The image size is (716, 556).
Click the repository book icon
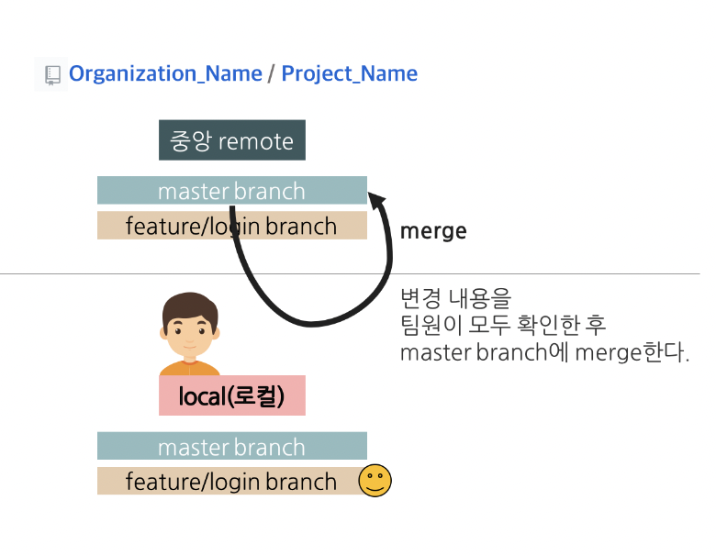pyautogui.click(x=52, y=74)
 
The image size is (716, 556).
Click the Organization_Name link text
pyautogui.click(x=165, y=74)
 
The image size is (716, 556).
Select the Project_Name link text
pyautogui.click(x=349, y=74)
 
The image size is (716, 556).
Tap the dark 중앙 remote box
pyautogui.click(x=231, y=140)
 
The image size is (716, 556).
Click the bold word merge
pyautogui.click(x=433, y=231)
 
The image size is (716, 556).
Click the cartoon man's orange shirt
pyautogui.click(x=190, y=369)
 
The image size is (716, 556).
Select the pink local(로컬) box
pyautogui.click(x=231, y=396)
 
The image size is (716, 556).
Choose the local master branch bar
pyautogui.click(x=231, y=447)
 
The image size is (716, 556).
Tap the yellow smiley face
pyautogui.click(x=375, y=481)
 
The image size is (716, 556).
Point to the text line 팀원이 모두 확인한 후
pyautogui.click(x=503, y=326)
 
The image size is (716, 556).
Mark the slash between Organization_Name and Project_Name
pyautogui.click(x=272, y=74)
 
